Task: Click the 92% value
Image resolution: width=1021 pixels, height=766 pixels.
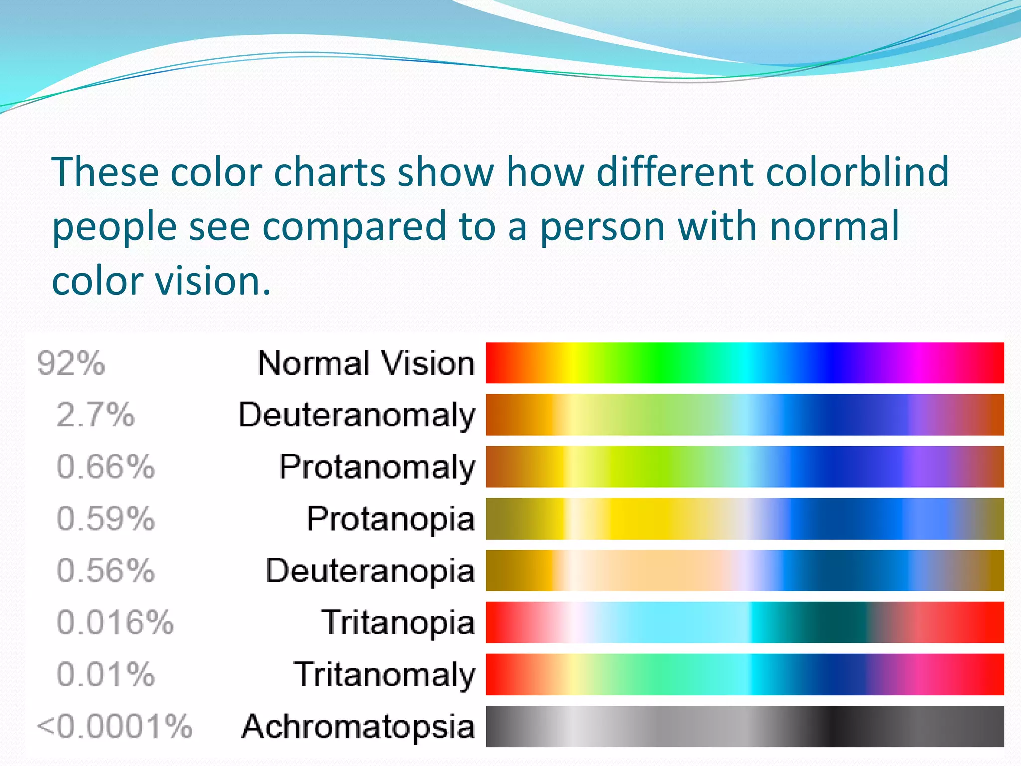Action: click(71, 363)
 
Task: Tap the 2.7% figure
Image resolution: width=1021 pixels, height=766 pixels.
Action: click(95, 415)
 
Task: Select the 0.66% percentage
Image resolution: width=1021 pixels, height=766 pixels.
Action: click(105, 467)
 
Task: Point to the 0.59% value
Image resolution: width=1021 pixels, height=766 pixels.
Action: click(105, 519)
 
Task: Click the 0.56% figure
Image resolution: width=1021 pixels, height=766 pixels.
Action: click(105, 571)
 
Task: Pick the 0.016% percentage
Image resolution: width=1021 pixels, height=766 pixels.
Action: click(115, 622)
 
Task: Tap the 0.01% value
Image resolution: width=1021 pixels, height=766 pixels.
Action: click(105, 674)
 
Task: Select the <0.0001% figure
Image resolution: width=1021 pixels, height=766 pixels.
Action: click(114, 726)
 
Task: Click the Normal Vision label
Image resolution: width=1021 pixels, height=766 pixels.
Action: click(366, 363)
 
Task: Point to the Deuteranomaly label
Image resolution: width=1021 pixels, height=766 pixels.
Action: click(357, 415)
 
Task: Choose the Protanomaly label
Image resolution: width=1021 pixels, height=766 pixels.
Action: click(377, 467)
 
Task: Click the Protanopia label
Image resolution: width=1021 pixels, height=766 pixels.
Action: click(390, 519)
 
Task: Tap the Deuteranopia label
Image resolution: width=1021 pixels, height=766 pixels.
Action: click(370, 571)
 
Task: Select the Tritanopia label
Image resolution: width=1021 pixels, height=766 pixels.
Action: click(398, 622)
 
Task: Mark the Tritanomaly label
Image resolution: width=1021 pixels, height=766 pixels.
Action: click(384, 674)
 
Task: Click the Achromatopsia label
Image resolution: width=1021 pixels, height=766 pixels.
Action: click(358, 726)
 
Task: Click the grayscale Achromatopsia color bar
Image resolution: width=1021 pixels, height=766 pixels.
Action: click(744, 726)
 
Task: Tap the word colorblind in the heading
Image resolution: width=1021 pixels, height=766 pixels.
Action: click(856, 172)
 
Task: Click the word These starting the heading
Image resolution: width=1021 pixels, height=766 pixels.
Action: click(105, 172)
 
